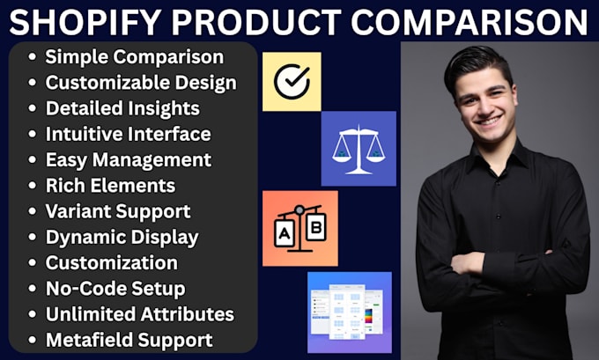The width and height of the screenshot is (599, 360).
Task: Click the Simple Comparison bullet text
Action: tap(134, 58)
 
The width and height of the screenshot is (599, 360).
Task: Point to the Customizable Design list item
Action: tap(141, 84)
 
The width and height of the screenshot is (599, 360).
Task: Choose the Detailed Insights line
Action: tap(122, 109)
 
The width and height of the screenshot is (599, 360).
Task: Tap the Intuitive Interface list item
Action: tap(128, 135)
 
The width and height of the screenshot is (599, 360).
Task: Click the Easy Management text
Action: tap(128, 160)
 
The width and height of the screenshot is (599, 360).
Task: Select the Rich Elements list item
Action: tap(110, 186)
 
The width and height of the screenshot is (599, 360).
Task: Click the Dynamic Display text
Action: tap(122, 237)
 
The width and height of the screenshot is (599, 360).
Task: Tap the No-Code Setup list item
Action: tap(116, 288)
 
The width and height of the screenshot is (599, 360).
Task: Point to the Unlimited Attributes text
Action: tap(139, 313)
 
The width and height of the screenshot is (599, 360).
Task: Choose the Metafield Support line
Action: tap(129, 339)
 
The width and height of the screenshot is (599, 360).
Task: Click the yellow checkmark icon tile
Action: tap(292, 82)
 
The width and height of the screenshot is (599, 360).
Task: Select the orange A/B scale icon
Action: tap(299, 228)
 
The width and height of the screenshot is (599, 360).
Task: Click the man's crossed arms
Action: tap(502, 264)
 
